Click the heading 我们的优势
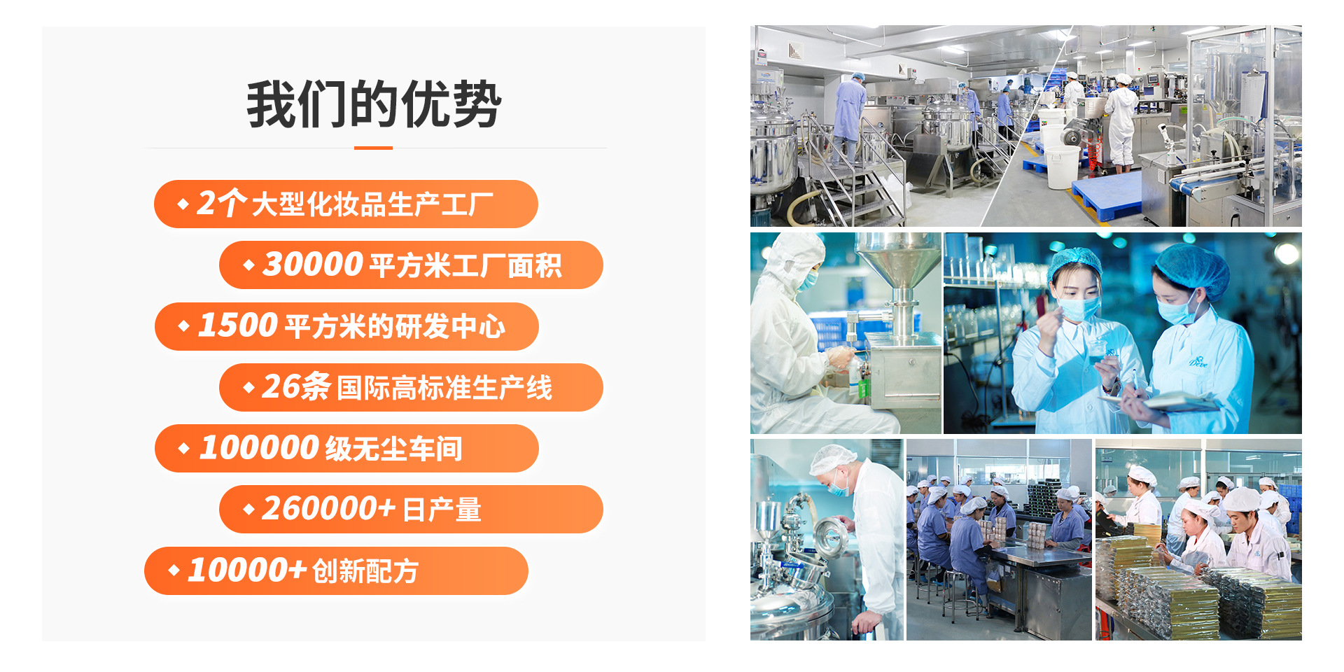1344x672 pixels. pos(374,104)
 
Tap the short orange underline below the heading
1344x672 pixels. pos(373,148)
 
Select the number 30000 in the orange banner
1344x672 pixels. pos(312,265)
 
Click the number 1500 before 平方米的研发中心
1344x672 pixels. pos(238,325)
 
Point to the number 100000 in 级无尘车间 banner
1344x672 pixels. pos(259,448)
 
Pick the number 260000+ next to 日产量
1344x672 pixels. pos(328,509)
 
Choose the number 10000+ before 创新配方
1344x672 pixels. pos(247,570)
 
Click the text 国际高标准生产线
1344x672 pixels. pos(444,388)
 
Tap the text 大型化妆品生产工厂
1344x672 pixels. pos(372,204)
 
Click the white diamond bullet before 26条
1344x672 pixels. pos(248,387)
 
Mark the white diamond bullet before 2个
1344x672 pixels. pos(183,204)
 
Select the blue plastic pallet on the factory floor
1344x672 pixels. pos(1106,192)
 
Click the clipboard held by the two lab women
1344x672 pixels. pos(1183,400)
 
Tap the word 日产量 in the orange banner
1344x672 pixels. pos(442,510)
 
